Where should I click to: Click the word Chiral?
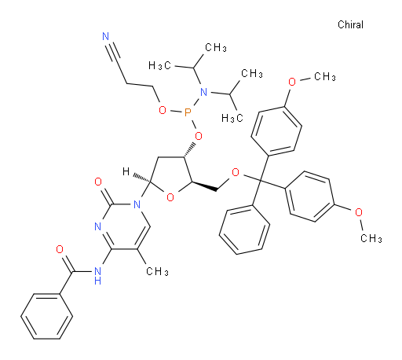click(x=350, y=24)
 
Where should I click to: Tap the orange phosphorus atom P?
click(x=188, y=113)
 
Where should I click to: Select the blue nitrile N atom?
click(x=106, y=36)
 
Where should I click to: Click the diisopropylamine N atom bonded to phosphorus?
click(x=203, y=92)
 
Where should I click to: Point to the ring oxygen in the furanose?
click(x=170, y=197)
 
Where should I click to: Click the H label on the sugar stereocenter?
click(x=126, y=171)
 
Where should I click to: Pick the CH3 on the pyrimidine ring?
click(x=157, y=271)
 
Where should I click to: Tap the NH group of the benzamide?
click(x=97, y=276)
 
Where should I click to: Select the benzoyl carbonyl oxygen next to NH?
click(x=60, y=249)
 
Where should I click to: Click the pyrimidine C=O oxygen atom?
click(x=98, y=182)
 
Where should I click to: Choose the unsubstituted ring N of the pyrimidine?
click(x=98, y=226)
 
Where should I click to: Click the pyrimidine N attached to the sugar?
click(x=137, y=204)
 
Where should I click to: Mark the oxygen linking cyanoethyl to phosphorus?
click(x=163, y=110)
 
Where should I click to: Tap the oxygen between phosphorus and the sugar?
click(x=199, y=136)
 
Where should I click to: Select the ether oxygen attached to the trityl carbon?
click(x=236, y=172)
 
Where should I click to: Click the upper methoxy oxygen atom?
click(x=292, y=82)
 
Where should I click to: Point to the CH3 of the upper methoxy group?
click(x=325, y=77)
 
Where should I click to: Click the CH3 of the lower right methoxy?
click(x=371, y=238)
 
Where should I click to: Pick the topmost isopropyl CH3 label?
click(x=216, y=48)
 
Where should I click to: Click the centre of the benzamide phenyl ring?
click(x=47, y=317)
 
